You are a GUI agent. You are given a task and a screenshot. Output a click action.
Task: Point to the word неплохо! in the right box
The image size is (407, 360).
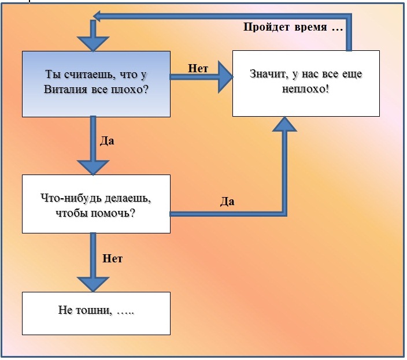click(305, 89)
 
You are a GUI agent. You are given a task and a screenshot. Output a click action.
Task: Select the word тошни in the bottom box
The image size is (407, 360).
click(92, 310)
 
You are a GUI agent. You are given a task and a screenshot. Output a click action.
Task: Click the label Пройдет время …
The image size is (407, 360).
click(293, 27)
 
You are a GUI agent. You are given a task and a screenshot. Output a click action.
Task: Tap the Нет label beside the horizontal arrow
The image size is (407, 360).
click(198, 68)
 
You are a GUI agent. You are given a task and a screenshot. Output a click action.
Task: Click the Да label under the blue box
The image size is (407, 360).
click(107, 141)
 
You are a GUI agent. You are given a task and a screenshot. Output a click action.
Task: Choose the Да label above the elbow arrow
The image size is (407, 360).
click(227, 202)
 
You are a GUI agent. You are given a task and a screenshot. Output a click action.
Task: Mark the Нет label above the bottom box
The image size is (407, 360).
click(112, 259)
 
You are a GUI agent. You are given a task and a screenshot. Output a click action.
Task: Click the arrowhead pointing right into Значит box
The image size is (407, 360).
click(225, 77)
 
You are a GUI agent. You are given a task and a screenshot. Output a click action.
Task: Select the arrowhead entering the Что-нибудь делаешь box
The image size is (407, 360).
click(93, 168)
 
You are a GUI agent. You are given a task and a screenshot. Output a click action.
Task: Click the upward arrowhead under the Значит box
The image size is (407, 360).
click(284, 124)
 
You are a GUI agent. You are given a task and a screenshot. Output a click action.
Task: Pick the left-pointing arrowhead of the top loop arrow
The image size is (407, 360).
click(97, 16)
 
